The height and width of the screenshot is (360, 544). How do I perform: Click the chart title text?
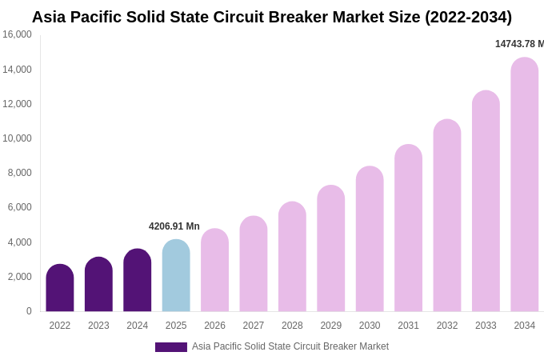coord(272,17)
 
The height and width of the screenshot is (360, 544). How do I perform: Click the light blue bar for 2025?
coord(176,276)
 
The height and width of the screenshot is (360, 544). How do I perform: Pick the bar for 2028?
coord(292,257)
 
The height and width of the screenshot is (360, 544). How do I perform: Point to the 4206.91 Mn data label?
coord(174,226)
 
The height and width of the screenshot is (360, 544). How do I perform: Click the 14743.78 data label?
coord(519,44)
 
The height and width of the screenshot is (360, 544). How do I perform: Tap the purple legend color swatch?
coord(171,347)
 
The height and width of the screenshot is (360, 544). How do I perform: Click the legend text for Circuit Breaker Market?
coord(290,346)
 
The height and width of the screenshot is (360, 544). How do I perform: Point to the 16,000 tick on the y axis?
coord(17,34)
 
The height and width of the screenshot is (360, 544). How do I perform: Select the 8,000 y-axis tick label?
coord(19,173)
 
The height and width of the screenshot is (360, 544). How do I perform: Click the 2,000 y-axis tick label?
coord(19,277)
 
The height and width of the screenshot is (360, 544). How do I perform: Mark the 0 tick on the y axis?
coord(29,311)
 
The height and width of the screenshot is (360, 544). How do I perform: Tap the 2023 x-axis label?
coord(98,326)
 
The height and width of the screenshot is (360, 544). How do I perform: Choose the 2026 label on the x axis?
coord(214,326)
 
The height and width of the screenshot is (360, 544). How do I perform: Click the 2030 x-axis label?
coord(370,326)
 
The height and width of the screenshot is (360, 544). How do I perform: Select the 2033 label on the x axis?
coord(486,326)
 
